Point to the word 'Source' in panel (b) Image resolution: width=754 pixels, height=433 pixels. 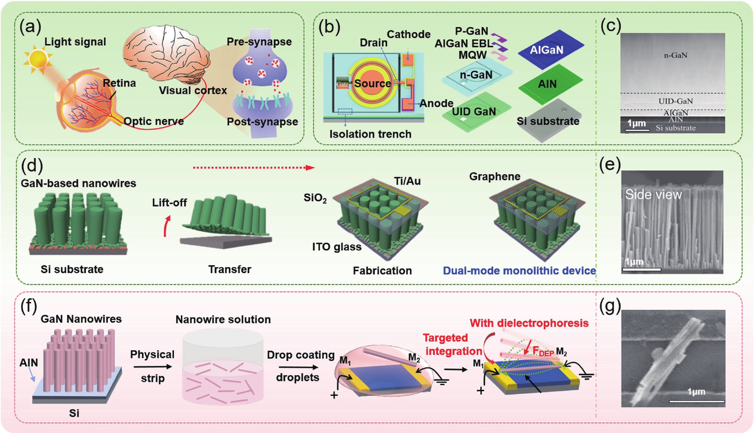pos(372,84)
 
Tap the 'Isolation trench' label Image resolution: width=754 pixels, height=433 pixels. pos(370,134)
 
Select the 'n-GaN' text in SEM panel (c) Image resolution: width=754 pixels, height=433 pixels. pos(675,55)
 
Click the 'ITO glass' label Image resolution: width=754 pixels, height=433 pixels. pos(337,247)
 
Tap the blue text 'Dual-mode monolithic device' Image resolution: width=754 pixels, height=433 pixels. pos(519,271)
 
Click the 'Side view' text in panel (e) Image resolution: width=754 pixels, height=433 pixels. pos(653,194)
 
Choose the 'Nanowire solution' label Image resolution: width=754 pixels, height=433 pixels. pos(223,319)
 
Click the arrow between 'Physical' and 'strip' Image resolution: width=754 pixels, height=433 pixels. pos(153,367)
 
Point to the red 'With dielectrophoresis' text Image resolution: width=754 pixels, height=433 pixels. pos(529,323)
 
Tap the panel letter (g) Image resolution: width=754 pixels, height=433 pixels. pos(610,306)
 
